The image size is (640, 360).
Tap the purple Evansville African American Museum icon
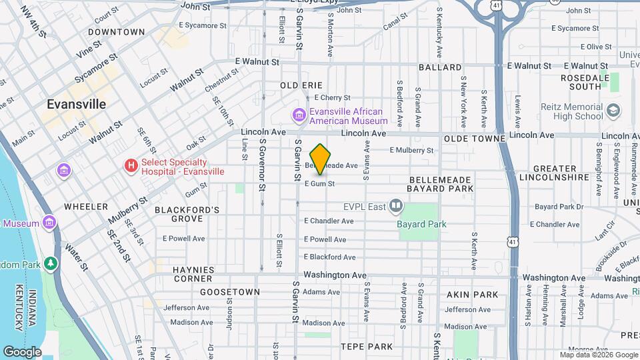(299, 117)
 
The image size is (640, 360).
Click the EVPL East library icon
(397, 206)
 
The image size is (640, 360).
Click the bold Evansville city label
(76, 105)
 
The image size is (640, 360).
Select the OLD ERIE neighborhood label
(301, 85)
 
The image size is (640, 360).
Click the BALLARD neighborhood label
(440, 67)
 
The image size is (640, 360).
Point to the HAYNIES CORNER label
(193, 270)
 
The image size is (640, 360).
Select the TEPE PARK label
(367, 347)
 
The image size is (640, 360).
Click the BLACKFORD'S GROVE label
(187, 215)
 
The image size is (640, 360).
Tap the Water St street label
(75, 257)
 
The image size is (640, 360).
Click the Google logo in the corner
(22, 351)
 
